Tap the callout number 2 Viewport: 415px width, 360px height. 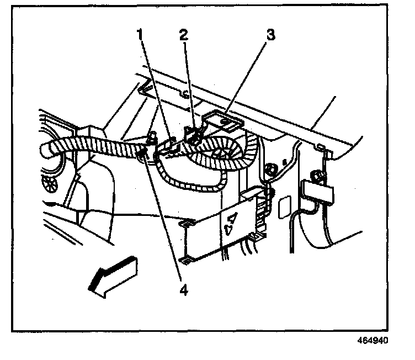(183, 35)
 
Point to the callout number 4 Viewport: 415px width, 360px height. (183, 288)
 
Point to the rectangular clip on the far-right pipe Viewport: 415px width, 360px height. (318, 192)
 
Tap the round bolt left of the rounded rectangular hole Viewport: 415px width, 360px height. (270, 166)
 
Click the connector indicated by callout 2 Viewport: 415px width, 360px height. (193, 135)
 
